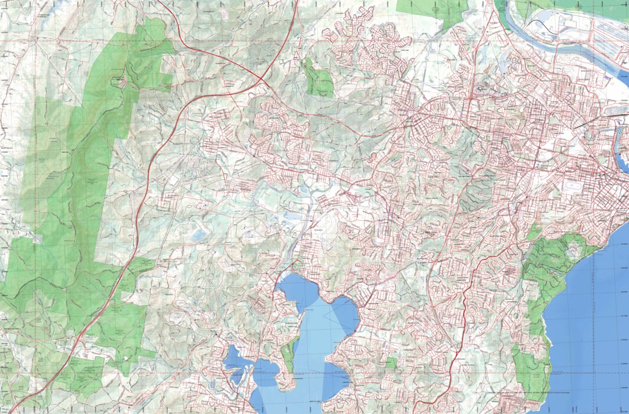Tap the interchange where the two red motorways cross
(261, 78)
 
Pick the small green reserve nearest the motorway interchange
(319, 79)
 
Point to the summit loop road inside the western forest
(123, 81)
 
